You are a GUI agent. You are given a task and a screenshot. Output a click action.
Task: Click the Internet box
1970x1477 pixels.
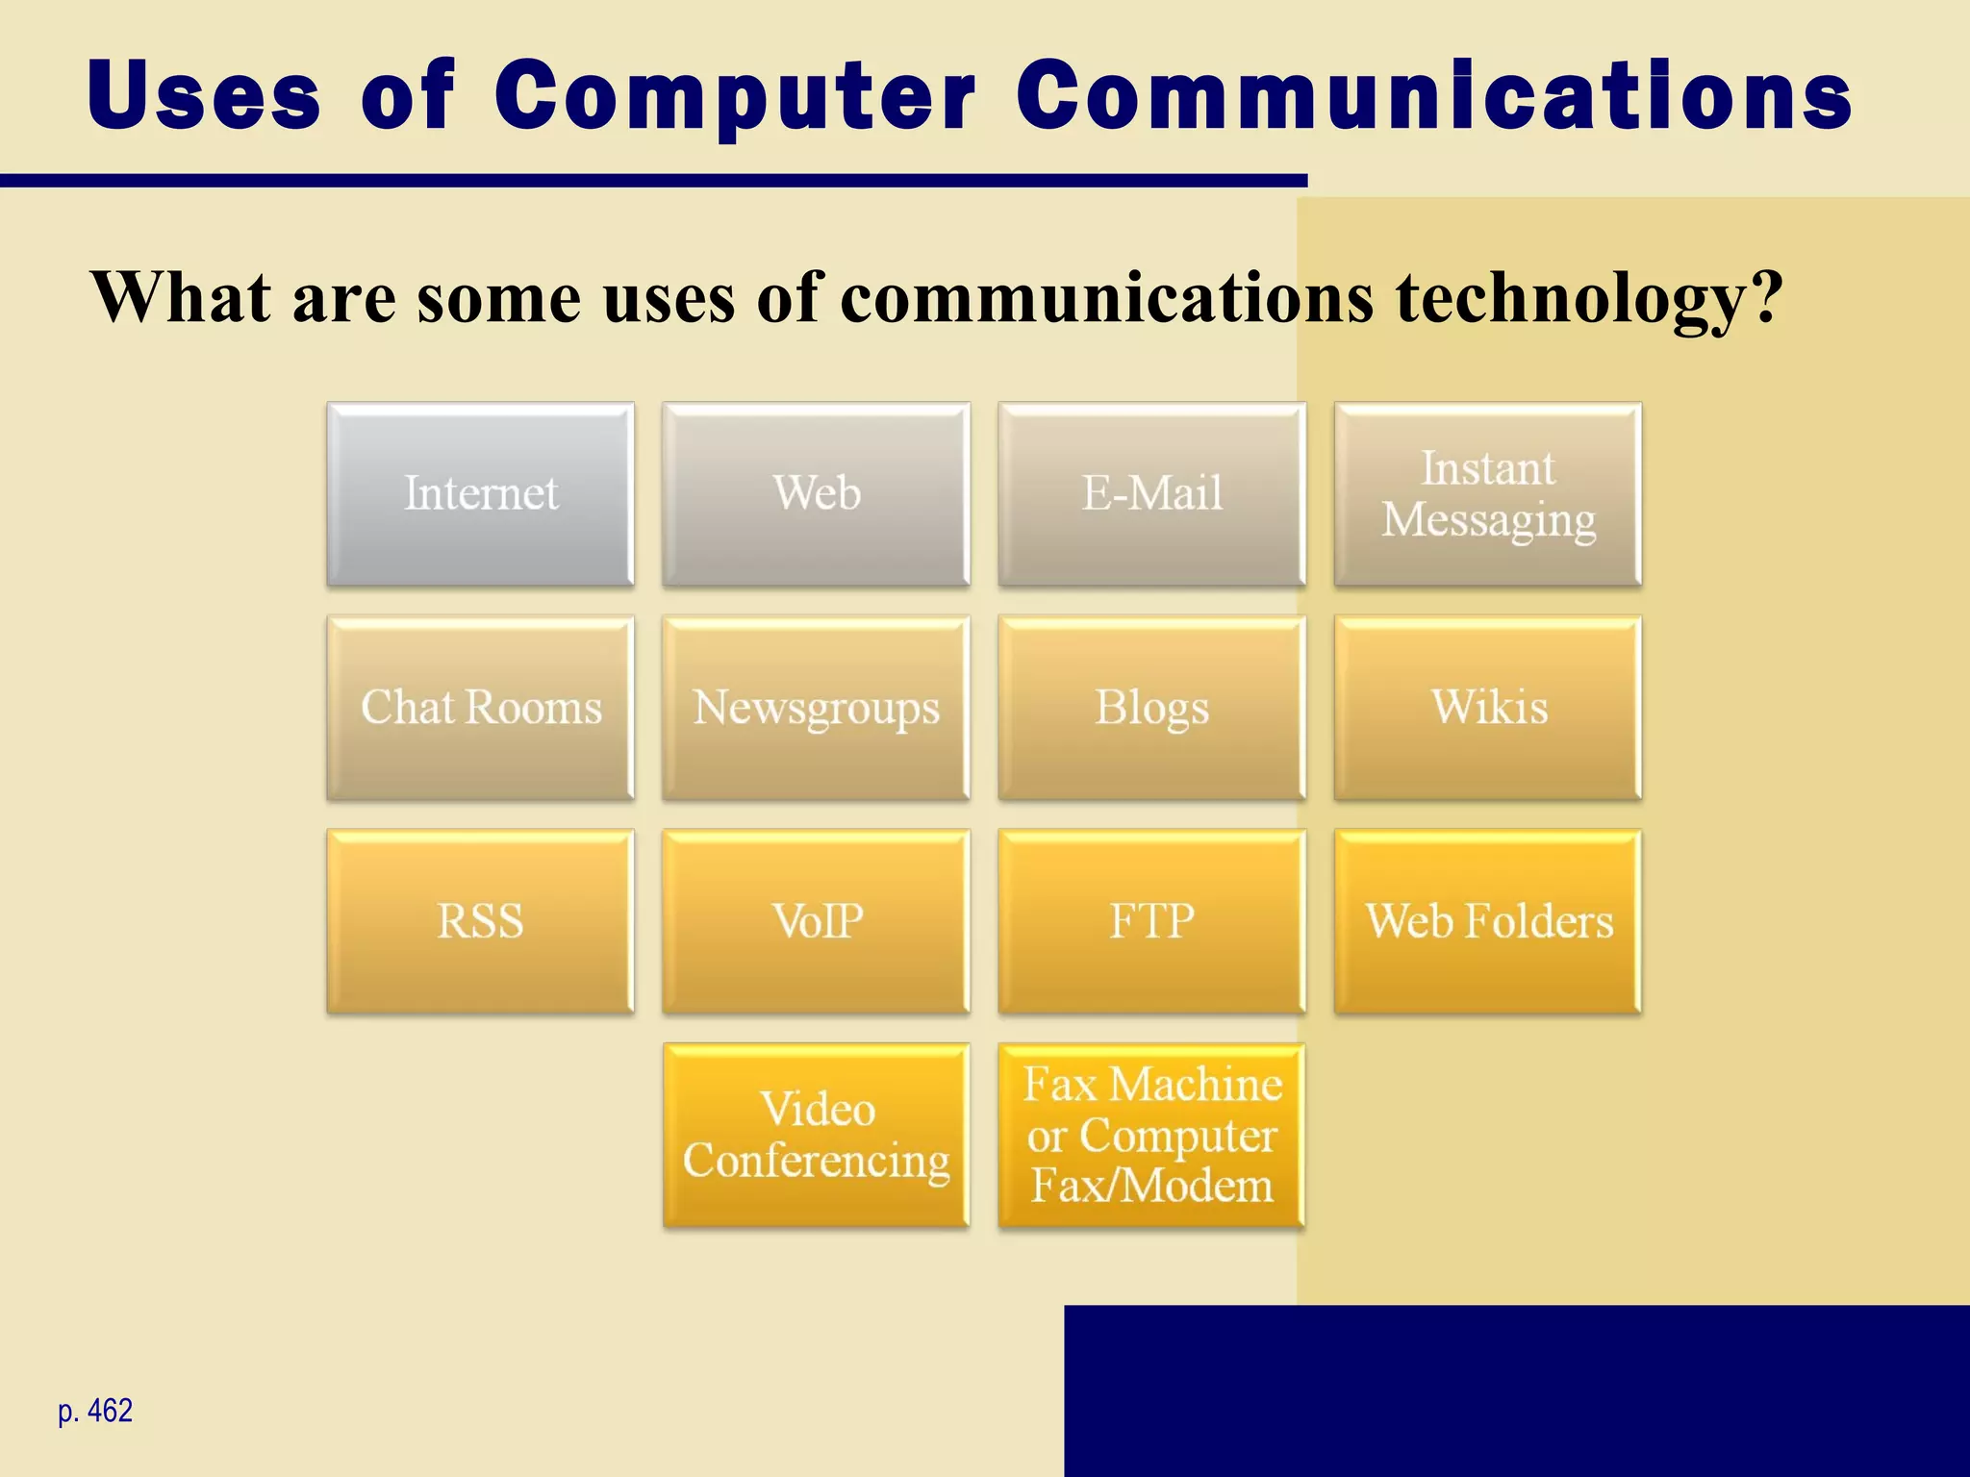click(x=480, y=494)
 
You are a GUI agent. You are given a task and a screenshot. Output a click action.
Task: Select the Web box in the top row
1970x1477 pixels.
click(x=816, y=494)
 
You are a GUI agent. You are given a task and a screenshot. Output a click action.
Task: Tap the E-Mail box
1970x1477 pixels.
click(x=1151, y=494)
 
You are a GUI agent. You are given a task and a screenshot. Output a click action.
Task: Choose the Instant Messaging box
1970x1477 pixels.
click(x=1487, y=494)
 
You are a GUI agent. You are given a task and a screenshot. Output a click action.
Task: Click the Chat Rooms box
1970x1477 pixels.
click(x=480, y=709)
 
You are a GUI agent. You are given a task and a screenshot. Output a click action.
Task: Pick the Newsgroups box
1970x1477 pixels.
click(x=816, y=709)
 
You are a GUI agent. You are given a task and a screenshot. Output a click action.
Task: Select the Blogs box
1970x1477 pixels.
click(x=1151, y=709)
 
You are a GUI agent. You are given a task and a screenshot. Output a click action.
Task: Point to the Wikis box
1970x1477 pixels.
click(x=1487, y=709)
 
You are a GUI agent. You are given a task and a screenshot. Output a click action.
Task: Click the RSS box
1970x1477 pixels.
click(x=480, y=922)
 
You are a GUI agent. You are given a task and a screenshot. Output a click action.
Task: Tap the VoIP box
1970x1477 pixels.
click(x=816, y=922)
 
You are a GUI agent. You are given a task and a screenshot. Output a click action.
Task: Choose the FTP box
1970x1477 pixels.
click(x=1151, y=922)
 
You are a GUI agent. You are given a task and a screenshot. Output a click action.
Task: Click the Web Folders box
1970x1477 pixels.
click(x=1487, y=922)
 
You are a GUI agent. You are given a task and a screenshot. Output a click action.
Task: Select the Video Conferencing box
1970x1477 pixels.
click(x=816, y=1136)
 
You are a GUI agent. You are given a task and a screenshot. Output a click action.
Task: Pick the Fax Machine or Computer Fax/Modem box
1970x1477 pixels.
click(x=1151, y=1136)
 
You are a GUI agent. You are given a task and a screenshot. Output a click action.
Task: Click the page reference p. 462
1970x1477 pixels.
click(x=95, y=1411)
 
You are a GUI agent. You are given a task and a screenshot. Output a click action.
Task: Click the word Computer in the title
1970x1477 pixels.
click(x=735, y=96)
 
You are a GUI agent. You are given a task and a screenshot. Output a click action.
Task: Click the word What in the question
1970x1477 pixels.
click(x=181, y=297)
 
